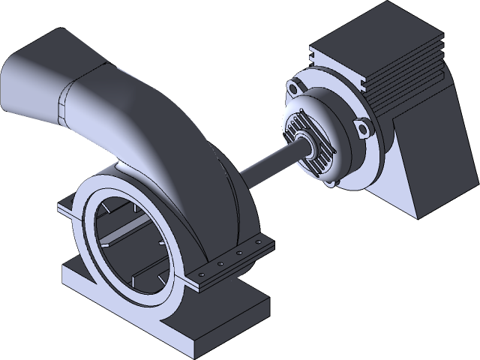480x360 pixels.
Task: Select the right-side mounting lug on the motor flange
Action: click(365, 130)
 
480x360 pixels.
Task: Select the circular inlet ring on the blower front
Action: click(90, 225)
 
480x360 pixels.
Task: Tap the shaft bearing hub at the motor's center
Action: click(307, 147)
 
